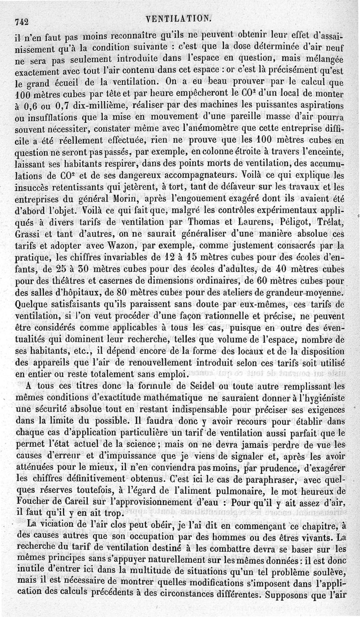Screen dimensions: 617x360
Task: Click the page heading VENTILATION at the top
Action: click(x=178, y=18)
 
